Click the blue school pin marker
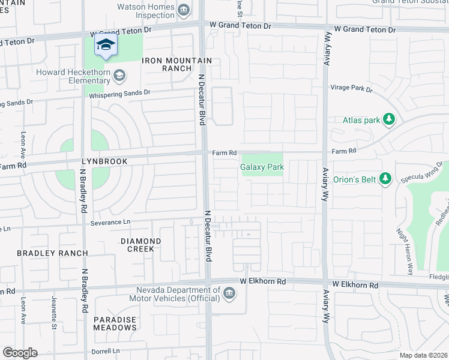click(x=106, y=46)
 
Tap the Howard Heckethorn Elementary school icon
click(x=119, y=75)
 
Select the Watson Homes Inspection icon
click(x=185, y=10)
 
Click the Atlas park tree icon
click(x=389, y=120)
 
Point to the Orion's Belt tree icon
click(x=387, y=178)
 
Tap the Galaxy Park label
click(x=262, y=167)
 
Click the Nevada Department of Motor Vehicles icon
click(x=228, y=293)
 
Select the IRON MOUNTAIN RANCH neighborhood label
click(x=176, y=64)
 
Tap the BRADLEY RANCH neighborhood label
click(x=52, y=253)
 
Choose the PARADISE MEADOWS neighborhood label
click(x=115, y=323)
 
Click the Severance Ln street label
click(x=111, y=222)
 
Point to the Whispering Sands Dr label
click(x=121, y=93)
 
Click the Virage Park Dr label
click(x=351, y=88)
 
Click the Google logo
click(x=20, y=353)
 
